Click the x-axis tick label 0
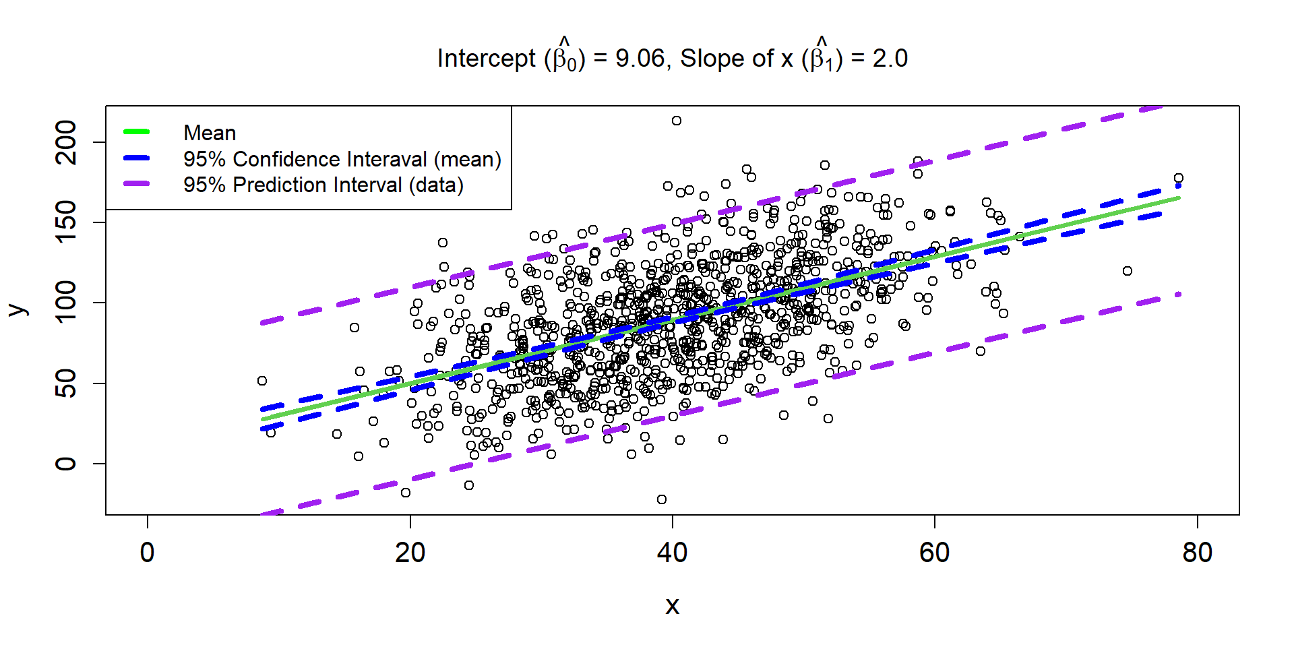point(148,553)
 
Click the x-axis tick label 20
point(410,553)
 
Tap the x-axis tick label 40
point(672,553)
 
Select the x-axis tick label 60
point(934,553)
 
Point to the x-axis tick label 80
point(1197,553)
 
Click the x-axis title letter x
point(672,606)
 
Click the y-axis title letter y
point(18,309)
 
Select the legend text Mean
point(210,133)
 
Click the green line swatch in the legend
point(137,132)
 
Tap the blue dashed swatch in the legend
point(137,158)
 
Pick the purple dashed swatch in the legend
point(137,184)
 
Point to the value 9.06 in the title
point(640,59)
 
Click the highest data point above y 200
point(676,121)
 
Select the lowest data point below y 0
point(662,499)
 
